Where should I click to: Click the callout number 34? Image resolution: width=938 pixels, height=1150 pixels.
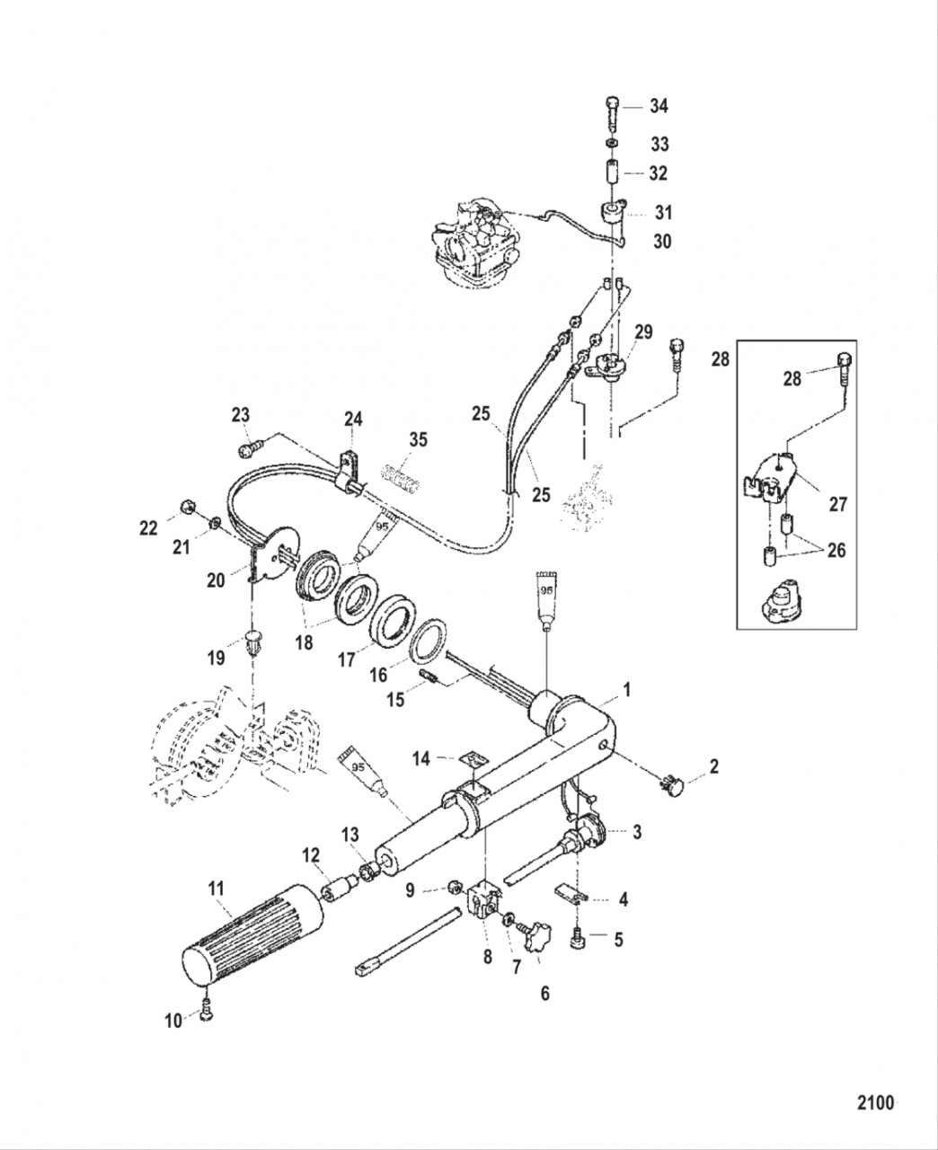pos(659,106)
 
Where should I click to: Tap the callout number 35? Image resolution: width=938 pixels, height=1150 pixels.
pos(419,439)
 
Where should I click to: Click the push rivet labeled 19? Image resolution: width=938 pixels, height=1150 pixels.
pos(255,643)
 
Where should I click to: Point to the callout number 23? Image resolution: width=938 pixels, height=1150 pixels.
pos(240,414)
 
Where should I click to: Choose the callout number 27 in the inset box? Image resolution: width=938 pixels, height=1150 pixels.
pos(837,505)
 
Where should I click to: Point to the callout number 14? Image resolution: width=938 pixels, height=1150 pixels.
pos(421,759)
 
